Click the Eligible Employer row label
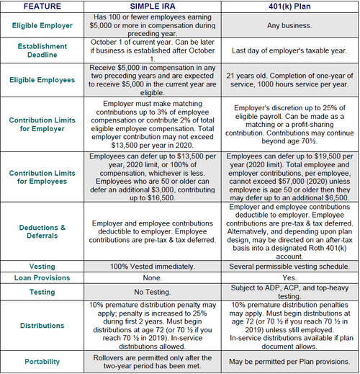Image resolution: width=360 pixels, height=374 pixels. (x=41, y=25)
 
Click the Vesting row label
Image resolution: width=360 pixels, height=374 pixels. (x=41, y=266)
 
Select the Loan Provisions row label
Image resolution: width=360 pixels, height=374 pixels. (x=41, y=277)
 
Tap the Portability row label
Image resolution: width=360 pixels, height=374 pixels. (x=41, y=361)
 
